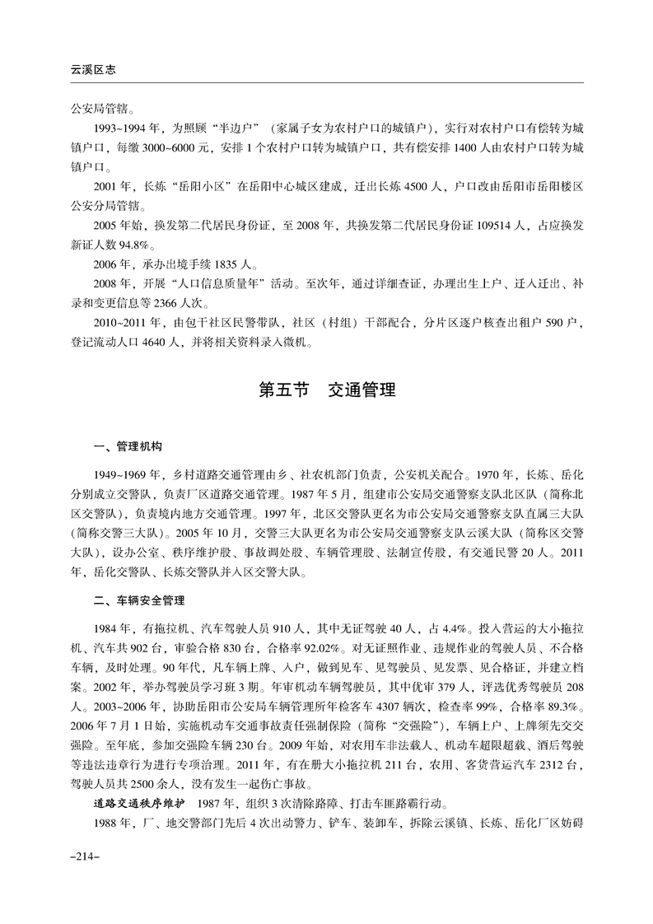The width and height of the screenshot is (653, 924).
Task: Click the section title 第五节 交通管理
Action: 327,390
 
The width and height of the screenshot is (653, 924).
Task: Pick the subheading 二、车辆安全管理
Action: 138,600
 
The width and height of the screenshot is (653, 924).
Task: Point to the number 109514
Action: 472,233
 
